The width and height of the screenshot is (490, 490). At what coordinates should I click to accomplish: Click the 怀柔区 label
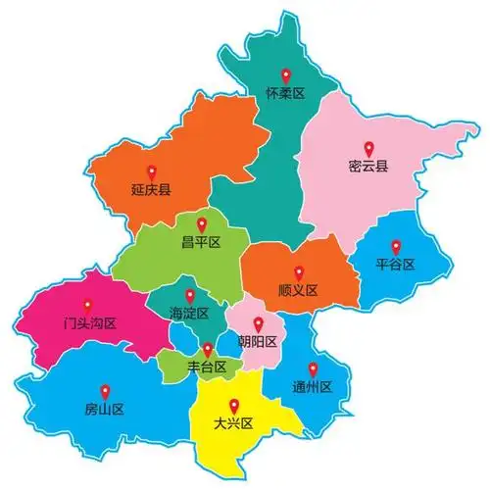coord(286,94)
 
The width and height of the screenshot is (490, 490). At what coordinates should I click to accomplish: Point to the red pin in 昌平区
coord(201,223)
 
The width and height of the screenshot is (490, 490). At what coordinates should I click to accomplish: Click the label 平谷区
coord(396,265)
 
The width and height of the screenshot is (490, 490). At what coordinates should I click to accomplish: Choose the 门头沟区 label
coord(89,322)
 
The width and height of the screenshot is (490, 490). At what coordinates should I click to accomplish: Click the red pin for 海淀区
coord(190,295)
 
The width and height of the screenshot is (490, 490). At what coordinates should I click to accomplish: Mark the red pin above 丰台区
coord(208,350)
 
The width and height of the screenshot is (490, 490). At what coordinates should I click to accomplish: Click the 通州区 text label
coord(313,386)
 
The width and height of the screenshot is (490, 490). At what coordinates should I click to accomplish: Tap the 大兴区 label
coord(233,423)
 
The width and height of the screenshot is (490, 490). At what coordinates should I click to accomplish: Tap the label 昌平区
coord(201,241)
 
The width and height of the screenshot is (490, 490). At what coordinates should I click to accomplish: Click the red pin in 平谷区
coord(396,247)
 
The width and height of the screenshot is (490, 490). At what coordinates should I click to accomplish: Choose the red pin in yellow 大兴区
coord(233,405)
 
